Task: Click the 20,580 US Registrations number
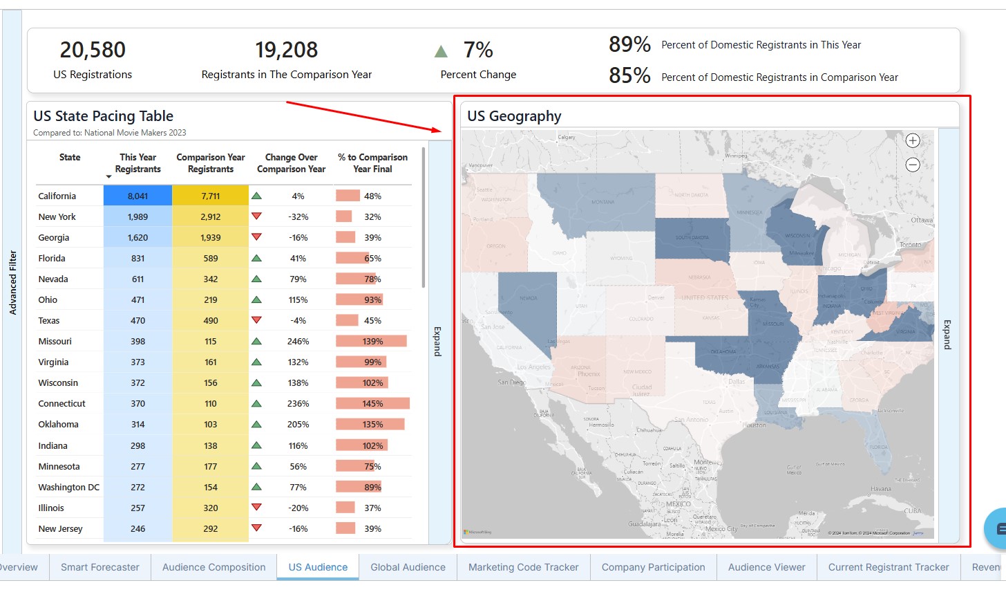[93, 50]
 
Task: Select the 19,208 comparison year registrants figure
[286, 50]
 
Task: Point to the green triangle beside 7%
[441, 51]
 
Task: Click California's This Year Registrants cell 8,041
[137, 196]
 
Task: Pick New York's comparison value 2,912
[211, 216]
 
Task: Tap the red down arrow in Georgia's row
[256, 237]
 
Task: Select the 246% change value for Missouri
[298, 341]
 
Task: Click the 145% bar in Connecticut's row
[372, 403]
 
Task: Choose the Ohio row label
[48, 299]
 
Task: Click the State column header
[70, 157]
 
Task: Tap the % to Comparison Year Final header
[372, 163]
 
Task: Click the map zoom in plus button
[913, 140]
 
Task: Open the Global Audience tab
[408, 567]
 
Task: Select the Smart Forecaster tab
[100, 567]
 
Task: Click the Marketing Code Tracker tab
[523, 567]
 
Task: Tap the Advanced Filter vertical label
[12, 282]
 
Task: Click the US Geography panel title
[514, 116]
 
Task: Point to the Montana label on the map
[603, 202]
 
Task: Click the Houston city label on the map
[754, 425]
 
